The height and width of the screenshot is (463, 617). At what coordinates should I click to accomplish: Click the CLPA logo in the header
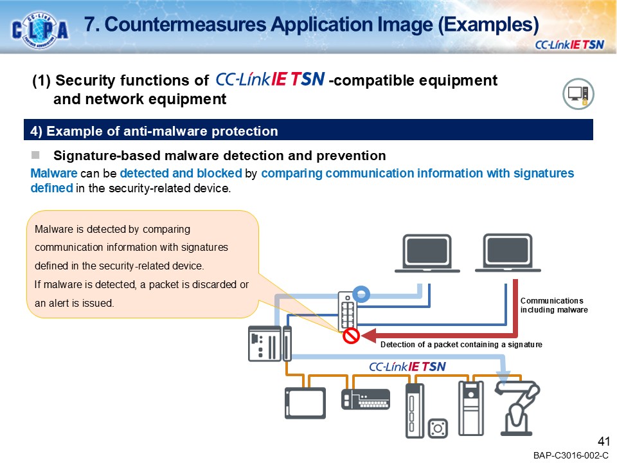pyautogui.click(x=40, y=29)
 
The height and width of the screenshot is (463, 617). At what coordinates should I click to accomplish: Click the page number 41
pyautogui.click(x=603, y=441)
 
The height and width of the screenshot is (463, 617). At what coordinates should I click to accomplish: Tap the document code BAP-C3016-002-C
pyautogui.click(x=570, y=455)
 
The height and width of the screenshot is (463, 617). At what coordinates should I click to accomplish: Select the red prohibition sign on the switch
pyautogui.click(x=351, y=336)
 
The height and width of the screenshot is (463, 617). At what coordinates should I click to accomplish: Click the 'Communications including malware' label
pyautogui.click(x=553, y=305)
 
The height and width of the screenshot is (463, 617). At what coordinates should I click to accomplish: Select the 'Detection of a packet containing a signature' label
pyautogui.click(x=461, y=345)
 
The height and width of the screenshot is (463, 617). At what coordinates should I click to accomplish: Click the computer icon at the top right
pyautogui.click(x=578, y=95)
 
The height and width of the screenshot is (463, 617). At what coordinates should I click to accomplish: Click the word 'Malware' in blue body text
pyautogui.click(x=54, y=174)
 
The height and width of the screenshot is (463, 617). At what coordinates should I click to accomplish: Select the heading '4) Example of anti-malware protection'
pyautogui.click(x=154, y=131)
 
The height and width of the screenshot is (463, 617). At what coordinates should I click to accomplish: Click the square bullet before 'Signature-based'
pyautogui.click(x=36, y=155)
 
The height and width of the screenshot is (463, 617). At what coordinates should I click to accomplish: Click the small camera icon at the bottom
pyautogui.click(x=439, y=427)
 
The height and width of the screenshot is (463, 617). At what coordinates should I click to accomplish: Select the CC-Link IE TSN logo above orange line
pyautogui.click(x=407, y=367)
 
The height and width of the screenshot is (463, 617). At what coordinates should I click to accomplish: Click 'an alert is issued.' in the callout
pyautogui.click(x=74, y=303)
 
